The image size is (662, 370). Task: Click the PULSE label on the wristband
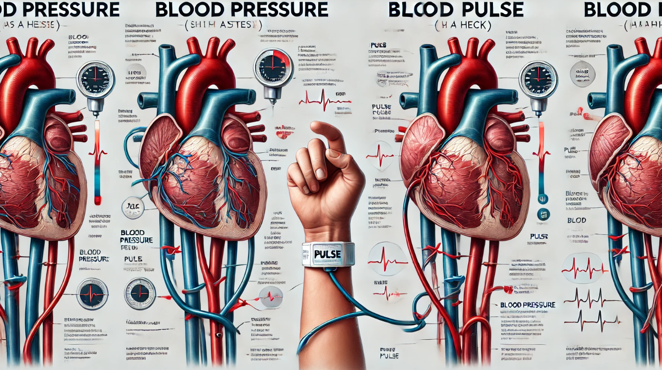point(327,254)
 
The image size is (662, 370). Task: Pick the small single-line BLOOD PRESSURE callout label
point(528,305)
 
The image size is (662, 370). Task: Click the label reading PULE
point(133,259)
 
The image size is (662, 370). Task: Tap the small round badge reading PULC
point(132,207)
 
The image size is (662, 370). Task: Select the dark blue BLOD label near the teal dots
point(577,221)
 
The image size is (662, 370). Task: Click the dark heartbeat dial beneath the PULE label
point(140,293)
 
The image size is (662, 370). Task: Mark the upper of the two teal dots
point(543,199)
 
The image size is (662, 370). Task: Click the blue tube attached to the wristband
point(370,312)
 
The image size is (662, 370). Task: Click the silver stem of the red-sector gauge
point(272,95)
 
